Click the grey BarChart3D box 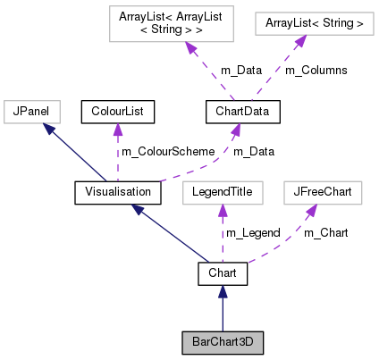[x=223, y=341]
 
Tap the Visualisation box [x=117, y=192]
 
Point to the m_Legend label [x=252, y=232]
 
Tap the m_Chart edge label [x=325, y=232]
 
